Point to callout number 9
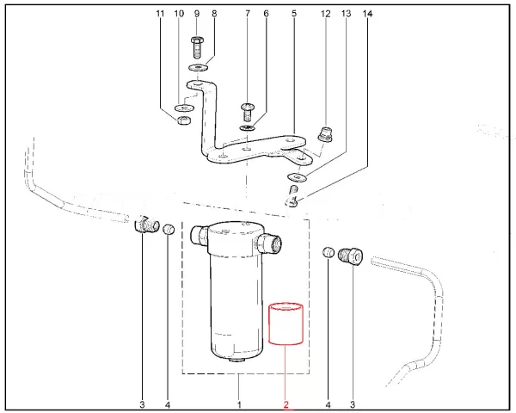196,15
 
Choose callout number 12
325,15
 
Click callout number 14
369,15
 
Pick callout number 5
293,15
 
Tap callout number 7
247,15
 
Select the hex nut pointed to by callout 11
182,120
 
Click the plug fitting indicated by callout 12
325,134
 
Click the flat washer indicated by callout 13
294,177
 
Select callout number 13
347,15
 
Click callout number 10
179,15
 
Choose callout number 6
266,15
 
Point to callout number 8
214,15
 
